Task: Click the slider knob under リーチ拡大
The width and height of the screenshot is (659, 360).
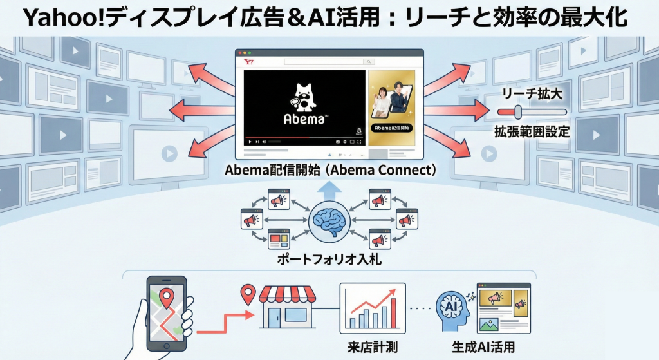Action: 519,112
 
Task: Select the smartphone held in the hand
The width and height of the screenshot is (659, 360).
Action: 167,312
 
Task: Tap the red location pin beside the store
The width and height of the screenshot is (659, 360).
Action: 247,296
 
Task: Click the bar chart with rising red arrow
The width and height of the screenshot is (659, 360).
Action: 372,307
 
